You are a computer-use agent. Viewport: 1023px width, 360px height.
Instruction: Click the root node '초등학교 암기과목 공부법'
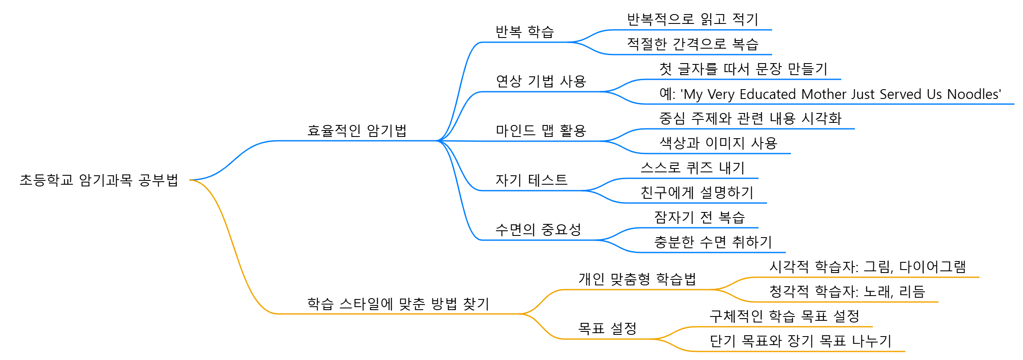click(x=99, y=180)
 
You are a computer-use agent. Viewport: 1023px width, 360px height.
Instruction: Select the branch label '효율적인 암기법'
click(x=357, y=131)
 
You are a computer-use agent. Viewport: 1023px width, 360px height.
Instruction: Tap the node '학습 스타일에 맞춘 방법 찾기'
click(x=398, y=304)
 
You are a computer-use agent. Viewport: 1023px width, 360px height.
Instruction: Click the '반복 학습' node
click(x=524, y=32)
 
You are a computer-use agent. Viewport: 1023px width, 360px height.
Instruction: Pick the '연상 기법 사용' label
click(x=541, y=81)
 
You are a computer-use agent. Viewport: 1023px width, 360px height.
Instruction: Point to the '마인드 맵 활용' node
click(x=541, y=131)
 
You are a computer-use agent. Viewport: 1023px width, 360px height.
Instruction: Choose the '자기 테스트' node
click(x=531, y=180)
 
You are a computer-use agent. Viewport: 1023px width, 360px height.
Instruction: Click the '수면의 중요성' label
click(x=538, y=229)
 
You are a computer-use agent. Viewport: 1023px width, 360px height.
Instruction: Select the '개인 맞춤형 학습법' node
click(x=637, y=279)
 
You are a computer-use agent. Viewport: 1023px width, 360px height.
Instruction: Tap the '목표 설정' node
click(x=607, y=328)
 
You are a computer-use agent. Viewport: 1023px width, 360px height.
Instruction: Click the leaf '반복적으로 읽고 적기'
click(x=692, y=19)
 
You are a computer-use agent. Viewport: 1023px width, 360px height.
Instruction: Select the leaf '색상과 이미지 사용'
click(x=718, y=143)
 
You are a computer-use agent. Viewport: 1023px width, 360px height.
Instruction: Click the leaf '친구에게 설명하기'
click(x=697, y=192)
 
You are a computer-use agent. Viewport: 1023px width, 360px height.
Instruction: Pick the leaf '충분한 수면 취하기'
click(x=713, y=242)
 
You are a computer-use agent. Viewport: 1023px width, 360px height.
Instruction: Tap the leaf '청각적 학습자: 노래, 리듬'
click(x=847, y=291)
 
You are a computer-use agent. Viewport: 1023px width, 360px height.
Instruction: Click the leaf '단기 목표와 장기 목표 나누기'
click(x=800, y=341)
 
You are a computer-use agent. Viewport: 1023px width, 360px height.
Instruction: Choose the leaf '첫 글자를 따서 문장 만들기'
click(x=743, y=69)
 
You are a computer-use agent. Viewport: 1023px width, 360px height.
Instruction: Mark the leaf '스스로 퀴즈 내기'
click(x=692, y=168)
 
